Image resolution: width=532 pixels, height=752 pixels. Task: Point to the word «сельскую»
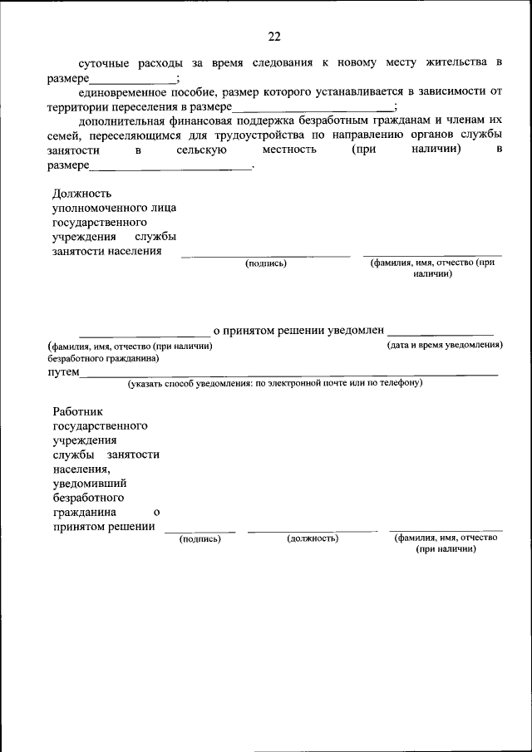point(203,151)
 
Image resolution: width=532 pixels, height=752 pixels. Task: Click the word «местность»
point(289,151)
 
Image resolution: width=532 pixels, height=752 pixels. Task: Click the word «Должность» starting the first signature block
point(81,193)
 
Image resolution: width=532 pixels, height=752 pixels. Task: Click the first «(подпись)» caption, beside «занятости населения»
point(266,263)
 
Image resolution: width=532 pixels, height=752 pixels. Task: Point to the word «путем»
point(63,373)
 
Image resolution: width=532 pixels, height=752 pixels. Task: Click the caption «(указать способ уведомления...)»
point(275,383)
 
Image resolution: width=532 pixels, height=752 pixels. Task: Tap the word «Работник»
point(77,410)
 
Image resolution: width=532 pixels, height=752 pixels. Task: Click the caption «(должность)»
point(313,538)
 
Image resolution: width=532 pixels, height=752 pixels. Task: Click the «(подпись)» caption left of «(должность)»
point(200,538)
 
